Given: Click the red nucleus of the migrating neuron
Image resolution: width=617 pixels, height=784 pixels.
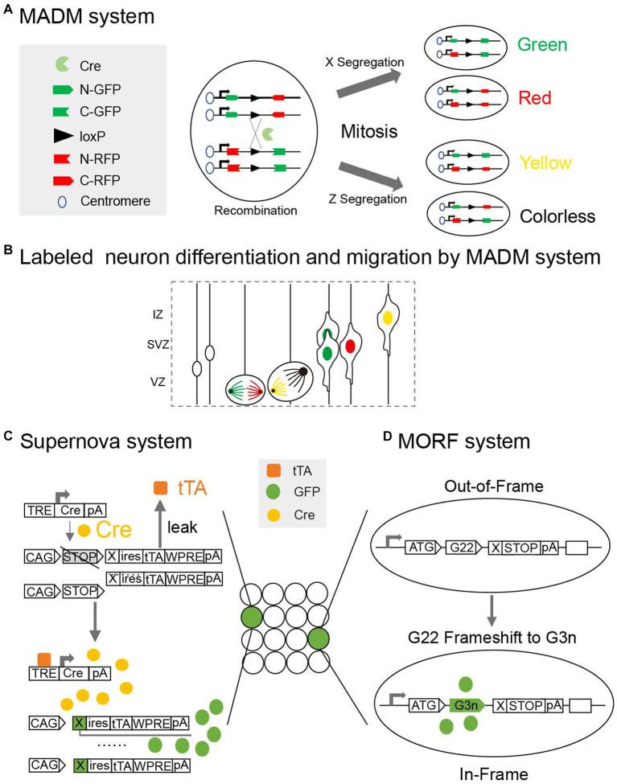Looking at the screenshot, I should [x=351, y=347].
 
